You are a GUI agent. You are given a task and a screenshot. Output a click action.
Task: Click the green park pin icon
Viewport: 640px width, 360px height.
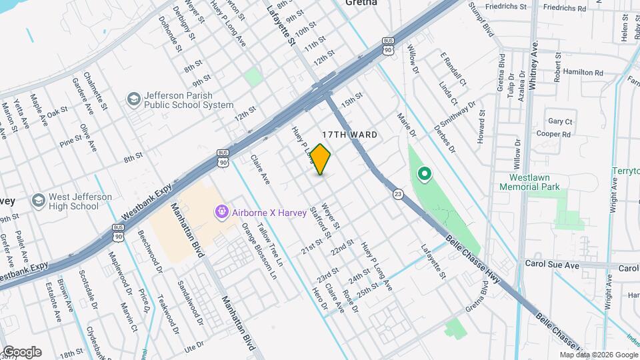(x=424, y=175)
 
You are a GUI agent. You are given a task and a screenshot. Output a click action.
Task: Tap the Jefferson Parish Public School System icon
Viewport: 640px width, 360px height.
(x=133, y=100)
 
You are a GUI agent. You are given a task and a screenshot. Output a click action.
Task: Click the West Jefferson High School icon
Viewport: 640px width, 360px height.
(x=38, y=201)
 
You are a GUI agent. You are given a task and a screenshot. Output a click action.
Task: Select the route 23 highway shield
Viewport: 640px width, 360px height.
(x=397, y=193)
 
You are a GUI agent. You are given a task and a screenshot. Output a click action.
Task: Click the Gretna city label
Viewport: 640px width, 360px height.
(x=361, y=3)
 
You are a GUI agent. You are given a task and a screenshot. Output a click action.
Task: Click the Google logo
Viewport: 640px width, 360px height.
(x=21, y=352)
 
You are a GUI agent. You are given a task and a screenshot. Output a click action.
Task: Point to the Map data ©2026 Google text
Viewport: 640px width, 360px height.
(x=598, y=355)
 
